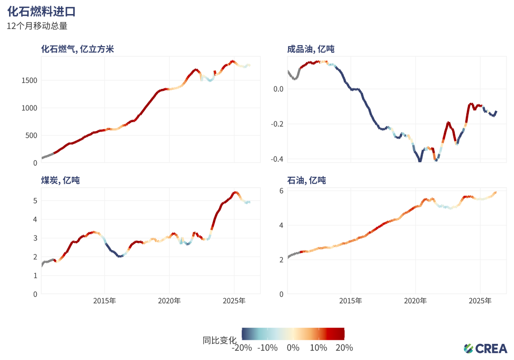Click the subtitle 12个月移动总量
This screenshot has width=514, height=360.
point(37,26)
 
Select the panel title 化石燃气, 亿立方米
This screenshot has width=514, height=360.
point(77,49)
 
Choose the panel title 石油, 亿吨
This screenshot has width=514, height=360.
point(306,180)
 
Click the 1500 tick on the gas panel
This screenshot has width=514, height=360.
point(28,80)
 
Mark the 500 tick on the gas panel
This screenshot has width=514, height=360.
point(31,136)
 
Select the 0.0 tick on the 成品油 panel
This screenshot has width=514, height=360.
point(278,89)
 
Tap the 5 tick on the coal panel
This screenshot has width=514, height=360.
point(35,201)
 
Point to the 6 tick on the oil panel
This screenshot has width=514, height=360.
point(282,191)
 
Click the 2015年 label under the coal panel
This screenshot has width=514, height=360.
point(104,301)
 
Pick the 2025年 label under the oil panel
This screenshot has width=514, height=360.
point(480,301)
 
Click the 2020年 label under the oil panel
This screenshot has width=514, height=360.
point(415,301)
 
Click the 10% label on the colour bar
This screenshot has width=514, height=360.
point(318,348)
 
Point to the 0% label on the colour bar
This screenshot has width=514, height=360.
point(293,348)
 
